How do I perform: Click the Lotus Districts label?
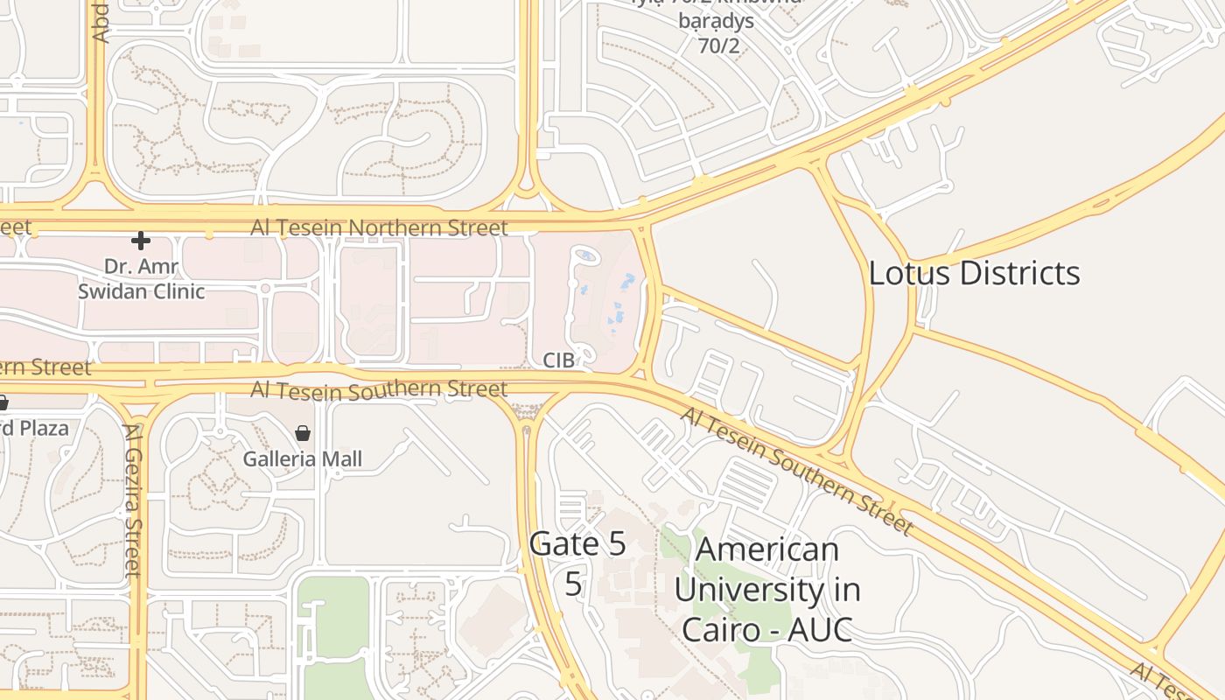pyautogui.click(x=974, y=273)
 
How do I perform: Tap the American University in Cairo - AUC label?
pyautogui.click(x=766, y=590)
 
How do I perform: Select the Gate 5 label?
pyautogui.click(x=577, y=544)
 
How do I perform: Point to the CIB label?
pyautogui.click(x=558, y=360)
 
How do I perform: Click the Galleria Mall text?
pyautogui.click(x=302, y=458)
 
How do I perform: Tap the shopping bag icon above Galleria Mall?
pyautogui.click(x=302, y=433)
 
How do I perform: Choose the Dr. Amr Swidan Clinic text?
pyautogui.click(x=141, y=278)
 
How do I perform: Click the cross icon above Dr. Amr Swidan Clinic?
pyautogui.click(x=140, y=241)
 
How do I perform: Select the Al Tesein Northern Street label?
pyautogui.click(x=379, y=228)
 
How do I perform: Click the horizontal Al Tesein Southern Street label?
pyautogui.click(x=379, y=389)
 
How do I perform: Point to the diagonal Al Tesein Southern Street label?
pyautogui.click(x=796, y=471)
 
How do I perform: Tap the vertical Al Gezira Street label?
pyautogui.click(x=133, y=500)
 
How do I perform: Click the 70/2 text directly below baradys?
pyautogui.click(x=718, y=46)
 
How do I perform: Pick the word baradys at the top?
pyautogui.click(x=716, y=19)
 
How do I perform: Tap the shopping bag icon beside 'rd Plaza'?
pyautogui.click(x=3, y=403)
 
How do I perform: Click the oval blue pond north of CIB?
pyautogui.click(x=587, y=255)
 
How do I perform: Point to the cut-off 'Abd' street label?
pyautogui.click(x=100, y=22)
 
